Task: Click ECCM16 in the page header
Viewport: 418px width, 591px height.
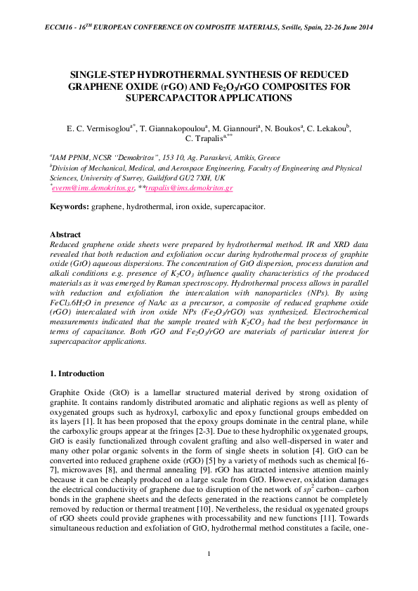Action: [59, 27]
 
